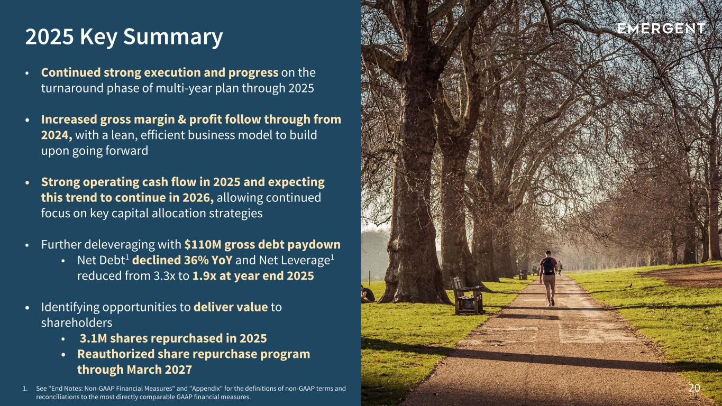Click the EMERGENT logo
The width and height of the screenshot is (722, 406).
(661, 29)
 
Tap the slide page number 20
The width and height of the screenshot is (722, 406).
(694, 387)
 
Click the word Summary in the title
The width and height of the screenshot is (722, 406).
(173, 37)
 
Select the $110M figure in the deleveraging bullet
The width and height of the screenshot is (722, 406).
(203, 245)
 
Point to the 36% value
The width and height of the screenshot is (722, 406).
(196, 260)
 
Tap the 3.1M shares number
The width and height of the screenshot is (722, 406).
(93, 339)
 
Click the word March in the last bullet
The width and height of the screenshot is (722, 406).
(144, 370)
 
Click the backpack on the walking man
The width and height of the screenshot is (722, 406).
(548, 265)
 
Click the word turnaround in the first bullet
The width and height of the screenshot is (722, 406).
(72, 88)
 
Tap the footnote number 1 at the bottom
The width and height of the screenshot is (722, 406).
(24, 389)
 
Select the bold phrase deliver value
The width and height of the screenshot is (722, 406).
(231, 307)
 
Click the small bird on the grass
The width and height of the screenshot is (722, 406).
(630, 285)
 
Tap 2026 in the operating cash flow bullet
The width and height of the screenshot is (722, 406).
(198, 198)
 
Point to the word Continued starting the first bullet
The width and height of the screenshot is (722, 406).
(71, 72)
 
